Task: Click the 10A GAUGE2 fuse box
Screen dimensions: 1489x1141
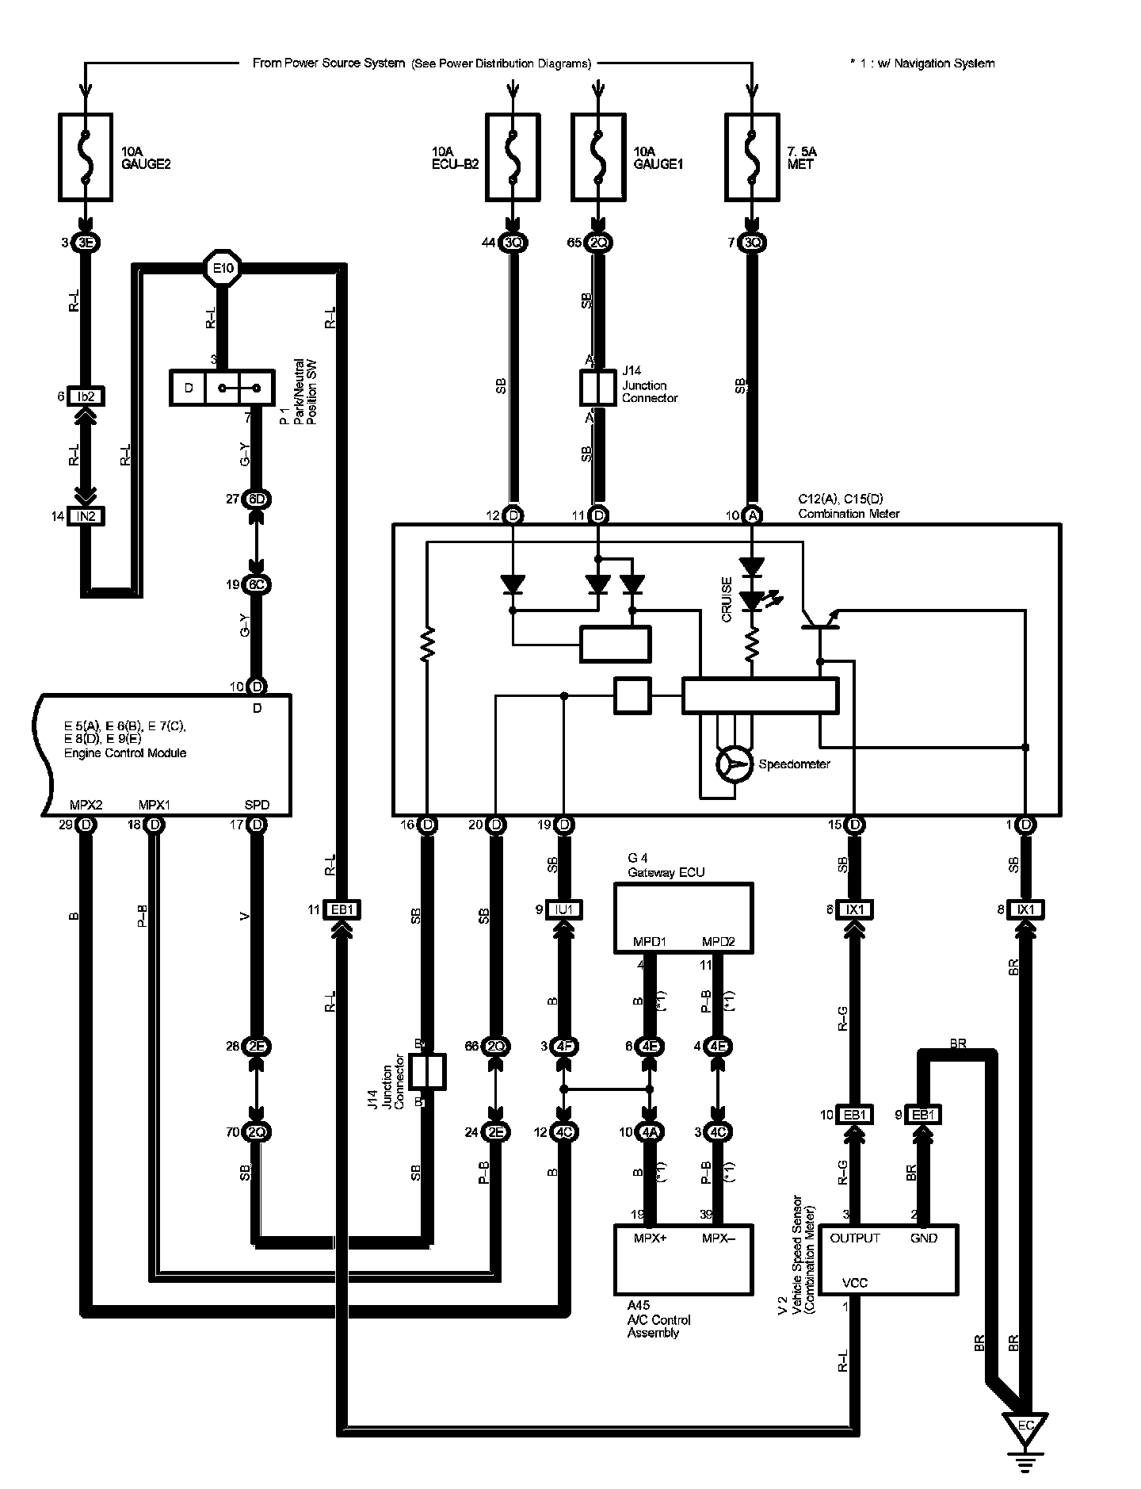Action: point(86,156)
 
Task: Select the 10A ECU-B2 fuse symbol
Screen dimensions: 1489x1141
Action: point(513,156)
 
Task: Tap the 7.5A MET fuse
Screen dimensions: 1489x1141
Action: point(751,156)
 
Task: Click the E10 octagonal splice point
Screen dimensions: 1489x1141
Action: point(223,269)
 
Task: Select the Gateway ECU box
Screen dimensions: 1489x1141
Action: point(683,917)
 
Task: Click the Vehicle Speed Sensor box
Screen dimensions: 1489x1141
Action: point(887,1260)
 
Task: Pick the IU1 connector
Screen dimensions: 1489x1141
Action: point(563,909)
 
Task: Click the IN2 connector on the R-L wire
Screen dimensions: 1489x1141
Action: point(86,516)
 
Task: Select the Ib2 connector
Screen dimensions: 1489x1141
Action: point(86,396)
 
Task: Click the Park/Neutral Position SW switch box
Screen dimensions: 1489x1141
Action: point(222,389)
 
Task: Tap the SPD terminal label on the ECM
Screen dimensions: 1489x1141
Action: point(257,806)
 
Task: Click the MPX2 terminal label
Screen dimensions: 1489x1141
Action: point(85,806)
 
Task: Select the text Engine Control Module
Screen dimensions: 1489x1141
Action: point(125,753)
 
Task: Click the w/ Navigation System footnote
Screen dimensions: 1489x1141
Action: point(922,63)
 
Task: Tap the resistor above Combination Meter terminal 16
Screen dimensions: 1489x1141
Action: point(428,644)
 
